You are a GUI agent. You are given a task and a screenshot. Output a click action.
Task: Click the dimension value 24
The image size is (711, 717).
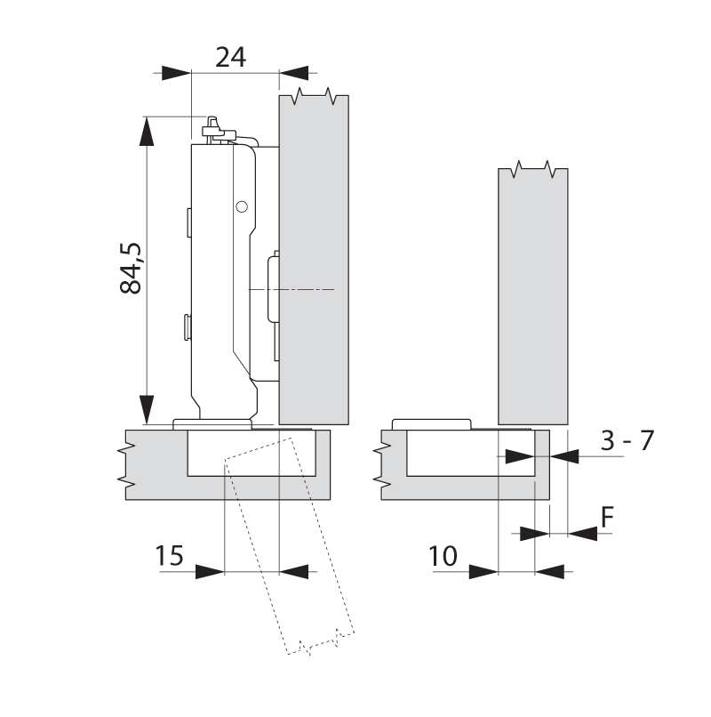(231, 58)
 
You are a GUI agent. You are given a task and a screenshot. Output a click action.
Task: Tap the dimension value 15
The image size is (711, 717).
(169, 557)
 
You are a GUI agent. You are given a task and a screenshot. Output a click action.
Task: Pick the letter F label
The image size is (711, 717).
(608, 518)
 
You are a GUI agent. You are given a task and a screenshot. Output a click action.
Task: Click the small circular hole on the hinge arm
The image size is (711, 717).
(240, 206)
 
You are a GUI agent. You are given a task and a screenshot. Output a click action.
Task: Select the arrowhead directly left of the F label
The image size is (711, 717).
(533, 533)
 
